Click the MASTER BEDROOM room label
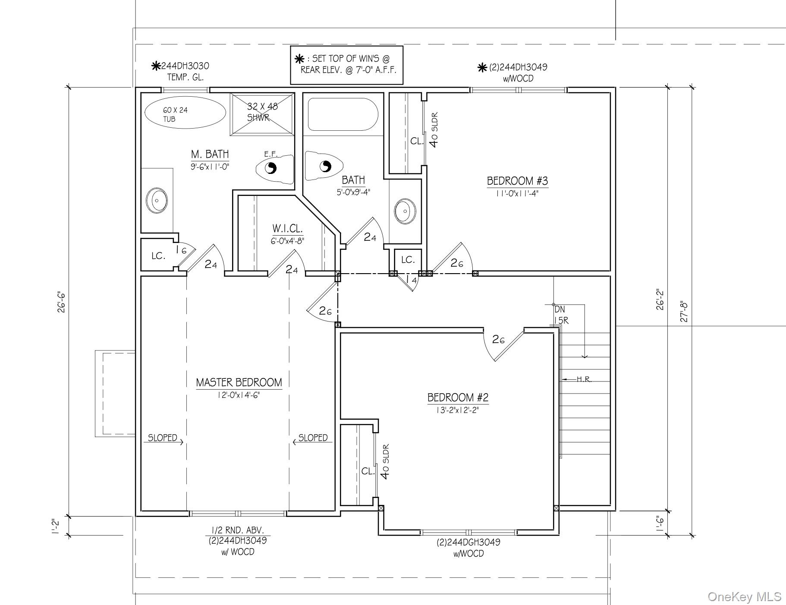coord(239,382)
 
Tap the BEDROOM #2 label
coord(458,397)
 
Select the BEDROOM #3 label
coord(517,181)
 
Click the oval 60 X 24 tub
coord(185,112)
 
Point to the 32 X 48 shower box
coord(262,113)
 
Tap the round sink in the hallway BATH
coord(405,211)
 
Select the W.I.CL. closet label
coord(287,229)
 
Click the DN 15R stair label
coord(560,315)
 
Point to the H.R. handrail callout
coord(584,380)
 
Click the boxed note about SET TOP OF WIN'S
coord(346,65)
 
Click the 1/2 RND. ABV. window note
coord(237,530)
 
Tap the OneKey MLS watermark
coord(744,596)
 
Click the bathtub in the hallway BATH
coord(343,115)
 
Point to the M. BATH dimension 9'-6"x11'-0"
coord(210,167)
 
